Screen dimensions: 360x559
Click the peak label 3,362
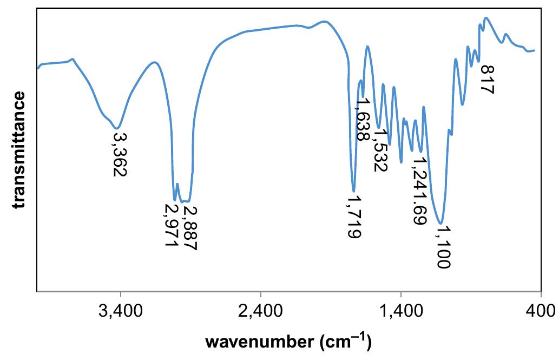(120, 153)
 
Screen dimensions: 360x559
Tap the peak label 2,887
(189, 227)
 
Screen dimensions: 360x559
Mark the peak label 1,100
(442, 247)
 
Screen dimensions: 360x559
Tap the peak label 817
(487, 80)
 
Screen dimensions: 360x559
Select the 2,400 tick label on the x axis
(261, 313)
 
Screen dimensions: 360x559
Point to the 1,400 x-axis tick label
(400, 313)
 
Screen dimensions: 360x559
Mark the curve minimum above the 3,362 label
(119, 128)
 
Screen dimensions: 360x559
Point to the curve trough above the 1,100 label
(442, 223)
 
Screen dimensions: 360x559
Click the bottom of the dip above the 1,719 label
(353, 191)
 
